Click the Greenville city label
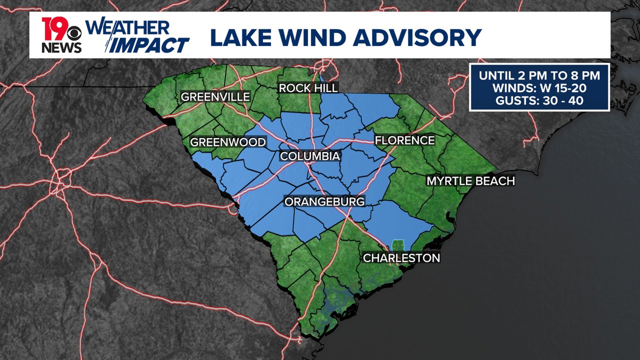[x=215, y=97]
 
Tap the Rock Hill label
[x=308, y=88]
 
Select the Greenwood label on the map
[x=228, y=142]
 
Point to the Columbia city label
[x=310, y=156]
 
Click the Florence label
[x=405, y=140]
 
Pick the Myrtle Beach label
[x=471, y=181]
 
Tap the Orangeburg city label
[x=324, y=202]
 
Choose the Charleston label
[x=401, y=258]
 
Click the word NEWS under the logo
[x=62, y=48]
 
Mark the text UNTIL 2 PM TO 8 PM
[x=539, y=76]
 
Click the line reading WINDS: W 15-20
[x=539, y=88]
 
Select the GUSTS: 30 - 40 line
[x=539, y=101]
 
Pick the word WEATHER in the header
[x=128, y=27]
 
